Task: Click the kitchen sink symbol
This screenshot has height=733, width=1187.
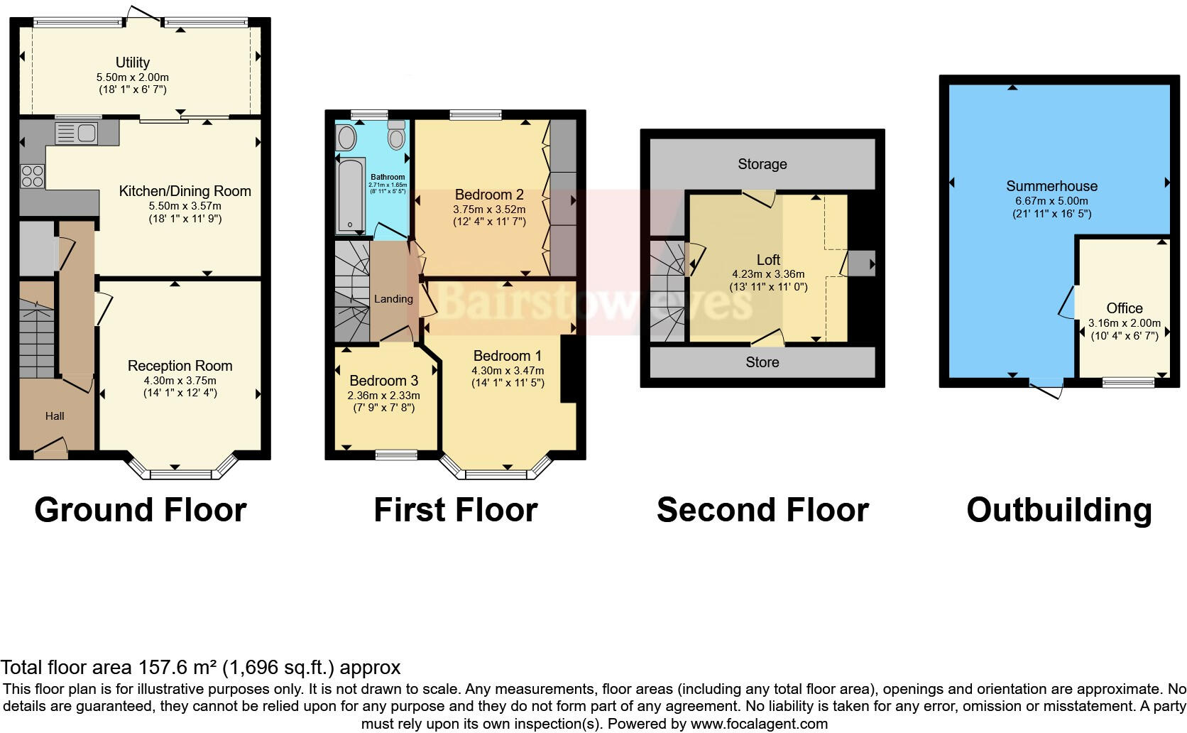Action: coord(77,134)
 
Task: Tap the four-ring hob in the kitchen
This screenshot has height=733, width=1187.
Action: coord(33,175)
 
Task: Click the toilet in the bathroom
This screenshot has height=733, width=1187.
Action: coord(397,135)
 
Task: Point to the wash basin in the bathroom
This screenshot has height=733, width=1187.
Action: coord(347,137)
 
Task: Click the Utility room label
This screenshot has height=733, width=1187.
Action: coord(133,63)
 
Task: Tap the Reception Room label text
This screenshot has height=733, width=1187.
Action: coord(180,366)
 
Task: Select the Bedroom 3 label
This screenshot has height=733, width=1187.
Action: coord(383,381)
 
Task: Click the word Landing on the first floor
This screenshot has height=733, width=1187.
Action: coord(393,299)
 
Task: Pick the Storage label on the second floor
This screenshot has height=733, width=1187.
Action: coord(762,164)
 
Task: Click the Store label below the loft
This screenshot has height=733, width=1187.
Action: coord(762,362)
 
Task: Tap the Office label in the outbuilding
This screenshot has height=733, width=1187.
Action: coord(1125,308)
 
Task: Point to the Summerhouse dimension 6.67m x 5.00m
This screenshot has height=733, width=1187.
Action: coord(1051,201)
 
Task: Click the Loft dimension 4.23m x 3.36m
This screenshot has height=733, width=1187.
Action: coord(768,274)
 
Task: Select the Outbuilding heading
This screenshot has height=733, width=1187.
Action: coord(1059,510)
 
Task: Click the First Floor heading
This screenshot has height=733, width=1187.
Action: coord(455,510)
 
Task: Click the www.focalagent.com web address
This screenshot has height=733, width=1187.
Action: coord(759,724)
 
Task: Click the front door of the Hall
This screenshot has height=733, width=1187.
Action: coord(50,447)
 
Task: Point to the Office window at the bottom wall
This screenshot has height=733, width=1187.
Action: coord(1127,383)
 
